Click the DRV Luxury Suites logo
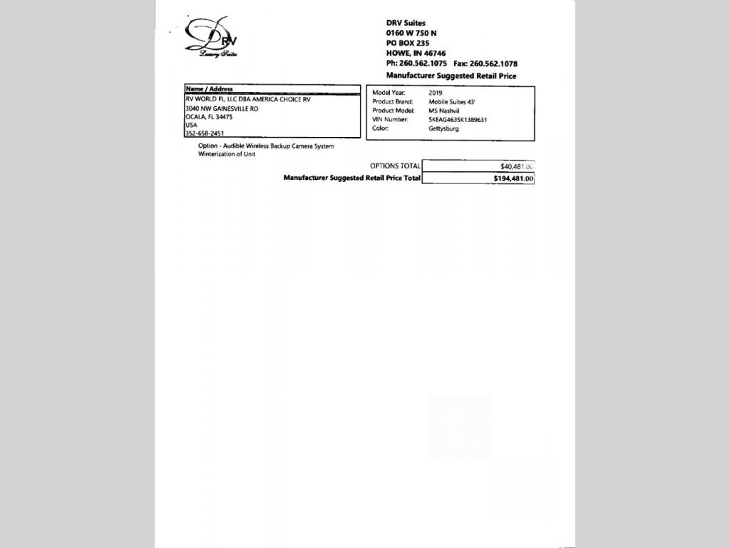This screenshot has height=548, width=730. pos(212,37)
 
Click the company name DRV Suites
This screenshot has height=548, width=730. pos(406,24)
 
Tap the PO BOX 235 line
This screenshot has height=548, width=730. pos(408,43)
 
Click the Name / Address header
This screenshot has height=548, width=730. pos(209,89)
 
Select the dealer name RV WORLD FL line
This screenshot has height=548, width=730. pos(247,99)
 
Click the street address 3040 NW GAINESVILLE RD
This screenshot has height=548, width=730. pos(222,108)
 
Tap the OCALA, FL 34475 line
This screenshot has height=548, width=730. pos(209,117)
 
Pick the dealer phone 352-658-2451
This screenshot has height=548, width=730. pos(205,133)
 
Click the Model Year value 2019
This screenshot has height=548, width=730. pos(436,93)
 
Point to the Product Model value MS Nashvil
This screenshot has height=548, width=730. pos(444,111)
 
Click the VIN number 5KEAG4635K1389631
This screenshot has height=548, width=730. pos(458,120)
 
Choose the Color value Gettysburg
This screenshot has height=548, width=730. pos(443,128)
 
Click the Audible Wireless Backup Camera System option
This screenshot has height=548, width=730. pos(266,146)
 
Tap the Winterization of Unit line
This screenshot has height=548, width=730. pos(227,154)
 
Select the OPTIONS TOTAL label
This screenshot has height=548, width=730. pos(395,166)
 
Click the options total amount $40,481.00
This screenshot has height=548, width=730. pos(517,166)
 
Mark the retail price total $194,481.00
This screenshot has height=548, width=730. pos(513,178)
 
